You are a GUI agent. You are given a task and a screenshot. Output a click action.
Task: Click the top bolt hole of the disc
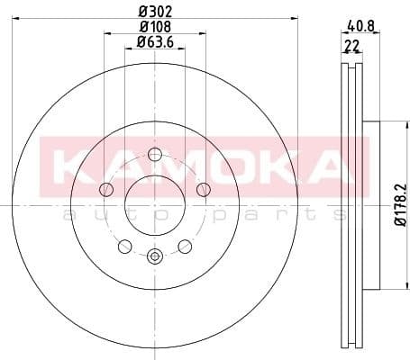coord(154,152)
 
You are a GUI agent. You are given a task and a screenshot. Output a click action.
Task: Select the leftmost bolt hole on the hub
coord(106,188)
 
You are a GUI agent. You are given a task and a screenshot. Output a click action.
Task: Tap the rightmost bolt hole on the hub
coord(203,188)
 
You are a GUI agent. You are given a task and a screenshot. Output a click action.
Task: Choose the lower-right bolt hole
coord(185,245)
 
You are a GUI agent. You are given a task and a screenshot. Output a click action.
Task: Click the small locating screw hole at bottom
coord(154,256)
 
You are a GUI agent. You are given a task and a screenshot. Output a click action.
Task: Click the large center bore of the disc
coord(154,202)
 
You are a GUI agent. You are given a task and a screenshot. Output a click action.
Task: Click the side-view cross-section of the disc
coord(352,207)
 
